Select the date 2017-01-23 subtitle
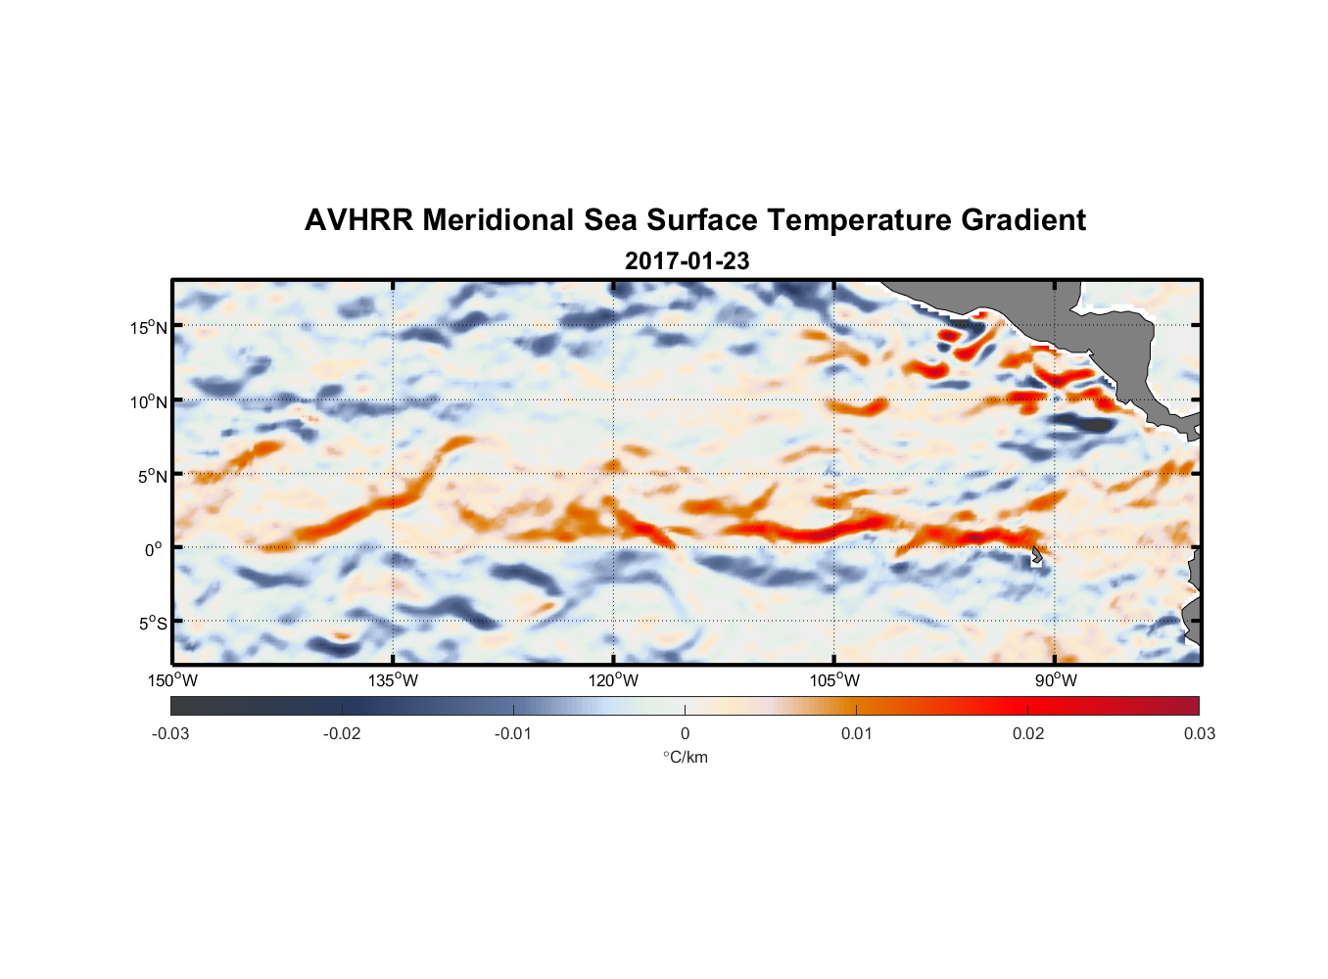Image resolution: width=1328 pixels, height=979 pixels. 687,261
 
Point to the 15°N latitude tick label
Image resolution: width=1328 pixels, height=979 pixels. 149,327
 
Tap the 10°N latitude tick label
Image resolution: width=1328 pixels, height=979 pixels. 149,401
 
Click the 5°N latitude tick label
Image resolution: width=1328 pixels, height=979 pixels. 152,476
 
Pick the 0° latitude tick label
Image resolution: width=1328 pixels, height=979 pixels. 154,549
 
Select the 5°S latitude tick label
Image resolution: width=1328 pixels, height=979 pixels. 152,623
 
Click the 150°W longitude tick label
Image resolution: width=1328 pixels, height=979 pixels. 172,680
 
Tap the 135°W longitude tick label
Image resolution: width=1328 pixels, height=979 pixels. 393,680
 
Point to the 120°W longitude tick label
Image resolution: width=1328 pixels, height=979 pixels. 614,680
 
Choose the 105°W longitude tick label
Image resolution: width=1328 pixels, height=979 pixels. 834,680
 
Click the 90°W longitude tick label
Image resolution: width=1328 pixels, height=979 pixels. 1056,680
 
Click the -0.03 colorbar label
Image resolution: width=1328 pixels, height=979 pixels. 170,733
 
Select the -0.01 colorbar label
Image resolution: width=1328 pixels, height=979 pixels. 513,733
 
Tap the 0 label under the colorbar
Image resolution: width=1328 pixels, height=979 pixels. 685,733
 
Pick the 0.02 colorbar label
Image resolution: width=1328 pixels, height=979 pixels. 1028,733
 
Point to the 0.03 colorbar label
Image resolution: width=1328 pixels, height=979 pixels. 1199,733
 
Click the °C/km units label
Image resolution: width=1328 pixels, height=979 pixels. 686,757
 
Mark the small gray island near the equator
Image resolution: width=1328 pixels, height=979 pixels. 1037,555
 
